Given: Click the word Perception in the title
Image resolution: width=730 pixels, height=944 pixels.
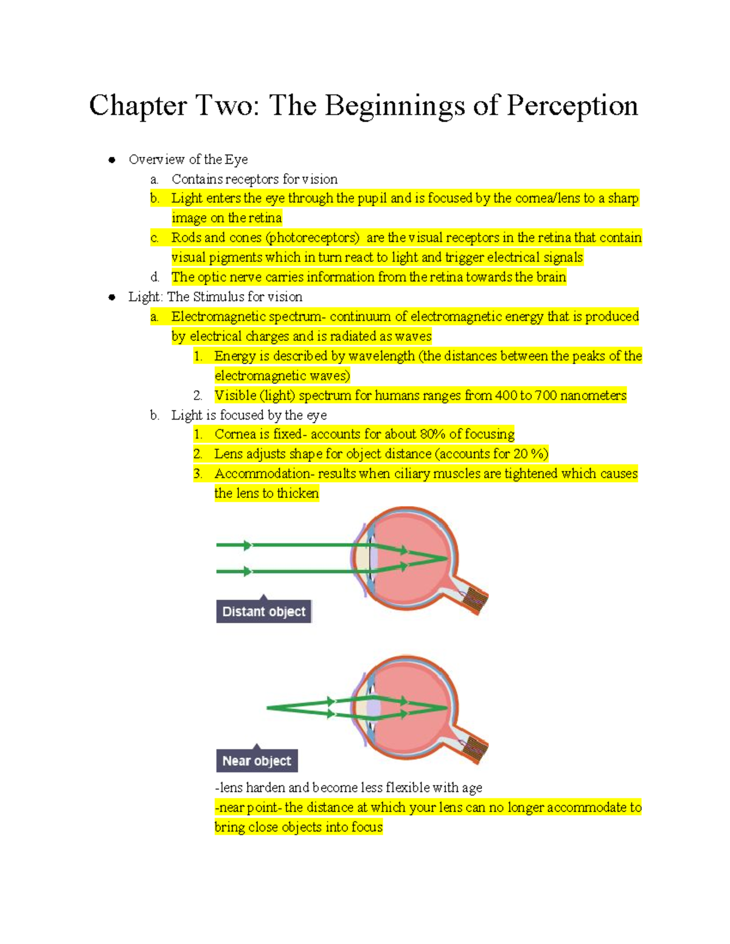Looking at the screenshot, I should (x=572, y=106).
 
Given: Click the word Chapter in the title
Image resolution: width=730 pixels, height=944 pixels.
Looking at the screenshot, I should (x=138, y=106).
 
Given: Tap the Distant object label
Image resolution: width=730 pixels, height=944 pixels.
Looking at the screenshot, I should (x=263, y=612).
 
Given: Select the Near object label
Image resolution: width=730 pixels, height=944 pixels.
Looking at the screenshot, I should (x=257, y=760).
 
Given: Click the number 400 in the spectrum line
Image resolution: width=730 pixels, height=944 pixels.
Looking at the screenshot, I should (x=506, y=396).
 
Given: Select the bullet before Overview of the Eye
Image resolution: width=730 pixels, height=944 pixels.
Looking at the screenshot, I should (x=112, y=160).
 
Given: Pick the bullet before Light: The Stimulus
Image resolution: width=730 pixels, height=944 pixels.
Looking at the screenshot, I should (x=112, y=297).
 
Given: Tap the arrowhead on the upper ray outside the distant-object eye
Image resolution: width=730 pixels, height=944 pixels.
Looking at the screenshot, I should (x=247, y=545).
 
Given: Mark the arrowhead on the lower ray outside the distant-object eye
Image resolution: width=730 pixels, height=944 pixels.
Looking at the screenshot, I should (x=247, y=571).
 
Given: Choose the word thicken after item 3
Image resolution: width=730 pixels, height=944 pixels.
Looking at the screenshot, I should (x=297, y=493).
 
